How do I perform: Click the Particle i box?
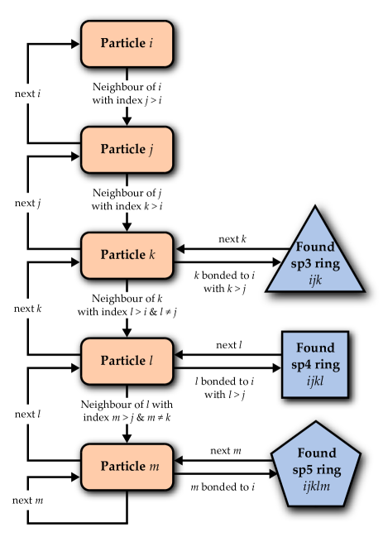click(127, 44)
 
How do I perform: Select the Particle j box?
click(127, 150)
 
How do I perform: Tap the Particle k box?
click(127, 255)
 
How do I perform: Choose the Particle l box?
click(127, 361)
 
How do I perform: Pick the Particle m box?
click(127, 467)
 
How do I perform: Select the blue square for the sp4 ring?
click(315, 364)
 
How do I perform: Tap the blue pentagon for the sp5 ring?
click(316, 466)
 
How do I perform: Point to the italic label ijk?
click(315, 281)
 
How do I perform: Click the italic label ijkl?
click(315, 381)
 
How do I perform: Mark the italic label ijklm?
click(316, 487)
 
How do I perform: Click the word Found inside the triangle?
click(315, 247)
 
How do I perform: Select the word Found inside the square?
click(315, 348)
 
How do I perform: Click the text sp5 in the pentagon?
click(301, 470)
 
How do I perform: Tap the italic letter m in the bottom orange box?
click(154, 467)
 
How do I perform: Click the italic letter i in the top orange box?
click(151, 43)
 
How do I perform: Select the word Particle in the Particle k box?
click(122, 255)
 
